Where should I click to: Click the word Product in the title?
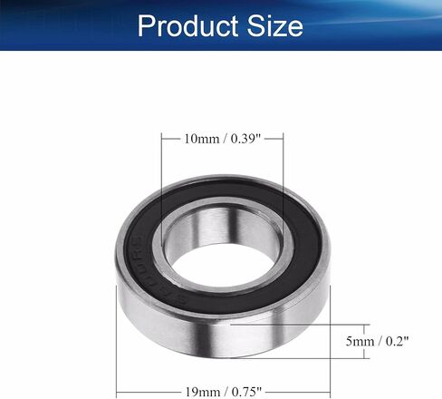187,25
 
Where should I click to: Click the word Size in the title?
275,25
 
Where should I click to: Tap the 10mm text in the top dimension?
202,139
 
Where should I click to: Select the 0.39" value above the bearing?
245,139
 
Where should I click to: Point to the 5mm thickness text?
360,341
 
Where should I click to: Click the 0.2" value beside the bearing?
398,341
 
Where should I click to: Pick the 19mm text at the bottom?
203,392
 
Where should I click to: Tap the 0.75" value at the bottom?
246,392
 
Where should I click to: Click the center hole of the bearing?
224,266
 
